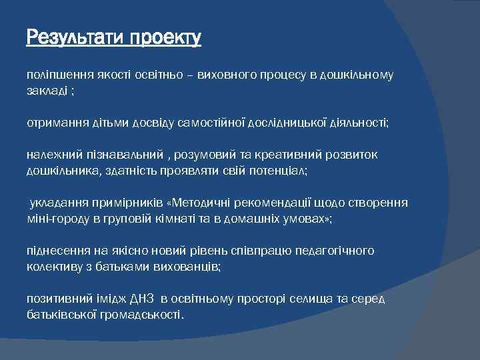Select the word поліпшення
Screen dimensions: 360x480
point(56,75)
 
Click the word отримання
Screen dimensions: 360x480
point(53,123)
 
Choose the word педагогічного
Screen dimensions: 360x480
point(339,251)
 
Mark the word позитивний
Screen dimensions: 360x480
point(55,299)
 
